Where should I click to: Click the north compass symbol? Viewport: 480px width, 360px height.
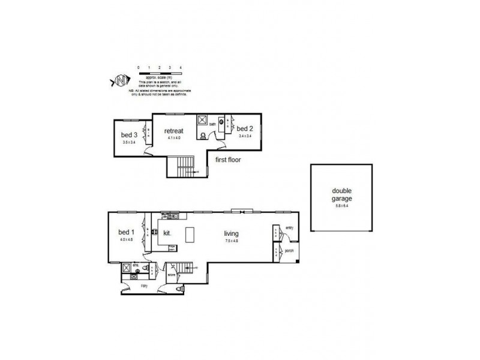click(x=120, y=79)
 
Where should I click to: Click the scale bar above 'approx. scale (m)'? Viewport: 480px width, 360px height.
click(x=159, y=73)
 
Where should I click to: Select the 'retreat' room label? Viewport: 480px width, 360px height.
click(x=174, y=130)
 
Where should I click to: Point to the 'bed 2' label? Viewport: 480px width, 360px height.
click(x=244, y=128)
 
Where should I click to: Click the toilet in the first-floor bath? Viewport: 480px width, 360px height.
click(x=203, y=135)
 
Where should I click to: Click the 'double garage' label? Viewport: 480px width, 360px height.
click(x=341, y=195)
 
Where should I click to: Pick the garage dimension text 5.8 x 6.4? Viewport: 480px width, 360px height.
click(x=341, y=206)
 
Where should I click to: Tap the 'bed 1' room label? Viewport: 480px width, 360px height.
click(x=125, y=232)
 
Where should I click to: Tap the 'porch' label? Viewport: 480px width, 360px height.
click(x=289, y=251)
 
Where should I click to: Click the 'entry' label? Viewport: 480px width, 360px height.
click(x=289, y=228)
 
